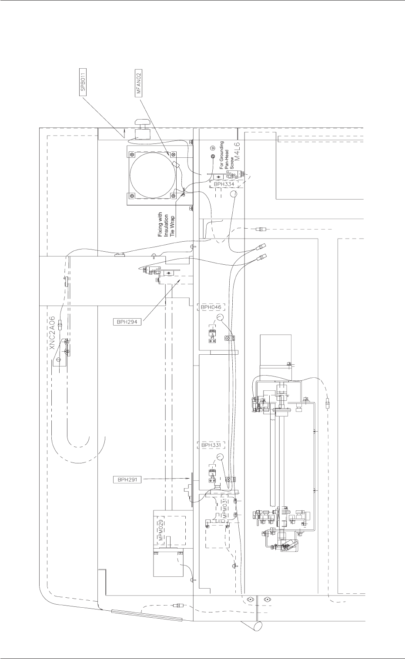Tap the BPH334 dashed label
tap(224, 184)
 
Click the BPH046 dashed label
tap(211, 307)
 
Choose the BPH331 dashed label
tap(211, 445)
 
